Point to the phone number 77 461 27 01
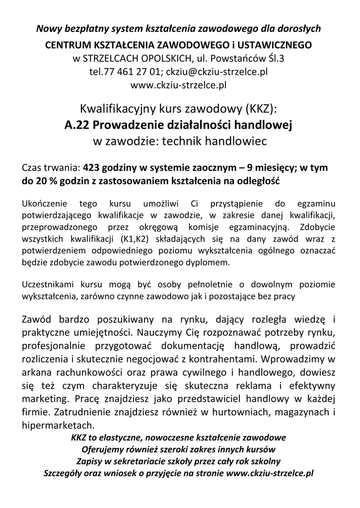click(128, 71)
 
